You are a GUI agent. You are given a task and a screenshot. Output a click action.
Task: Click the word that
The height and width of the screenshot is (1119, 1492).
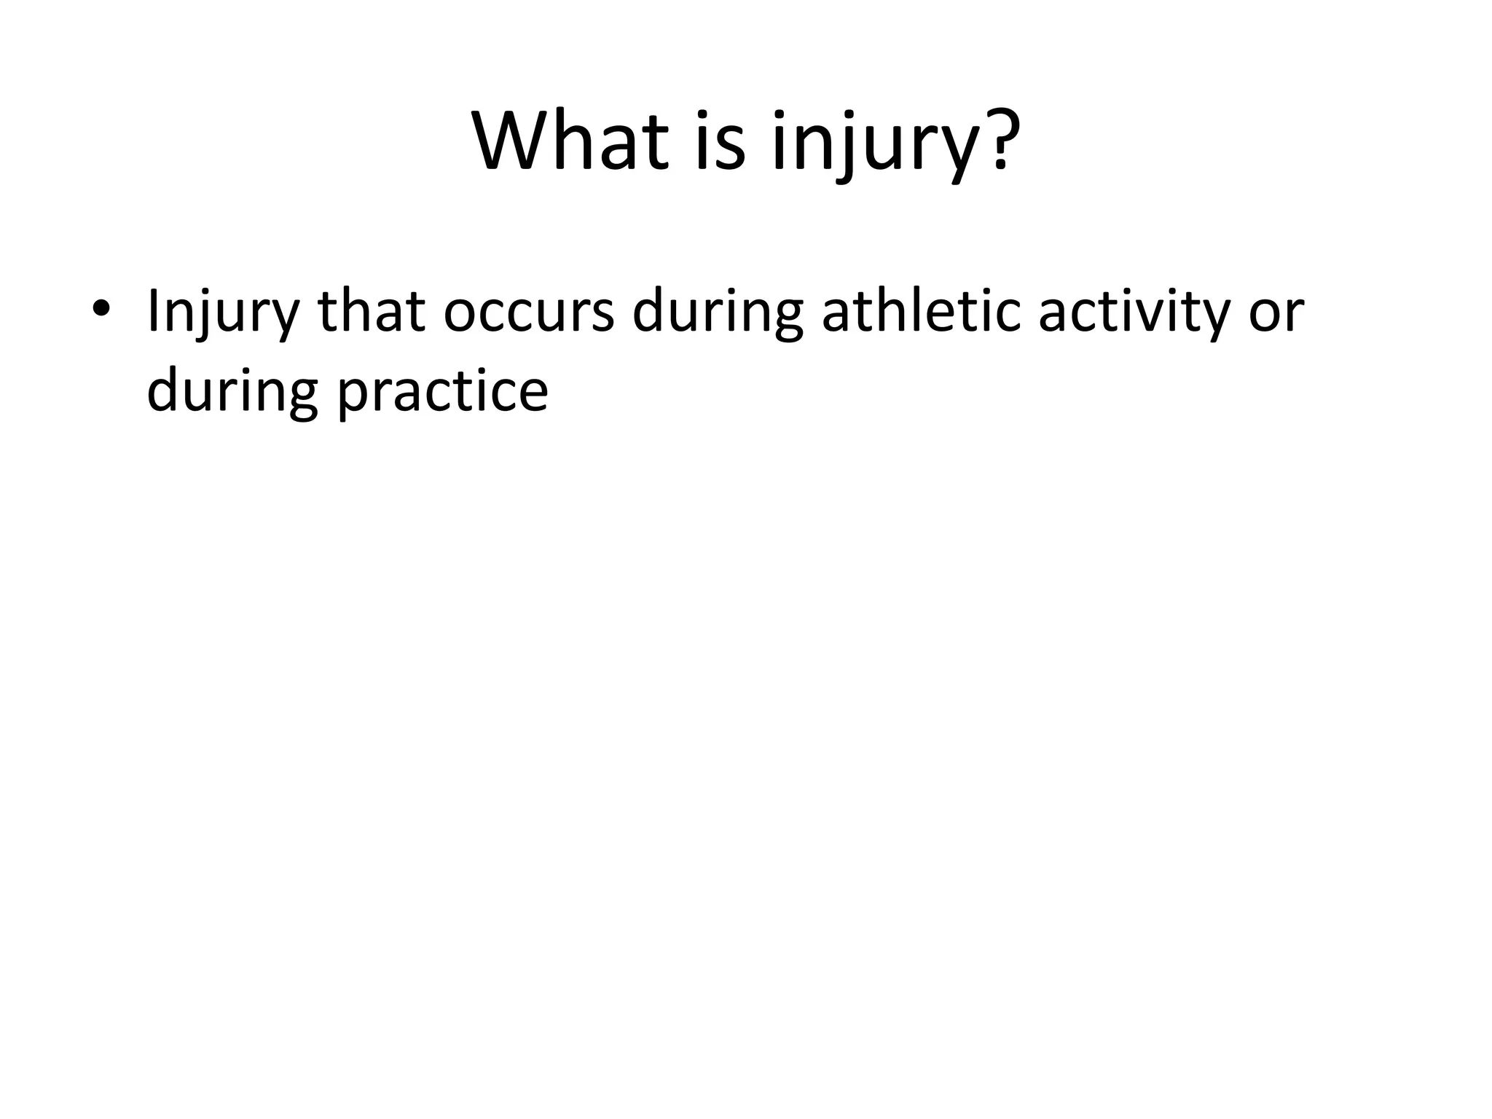click(371, 312)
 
